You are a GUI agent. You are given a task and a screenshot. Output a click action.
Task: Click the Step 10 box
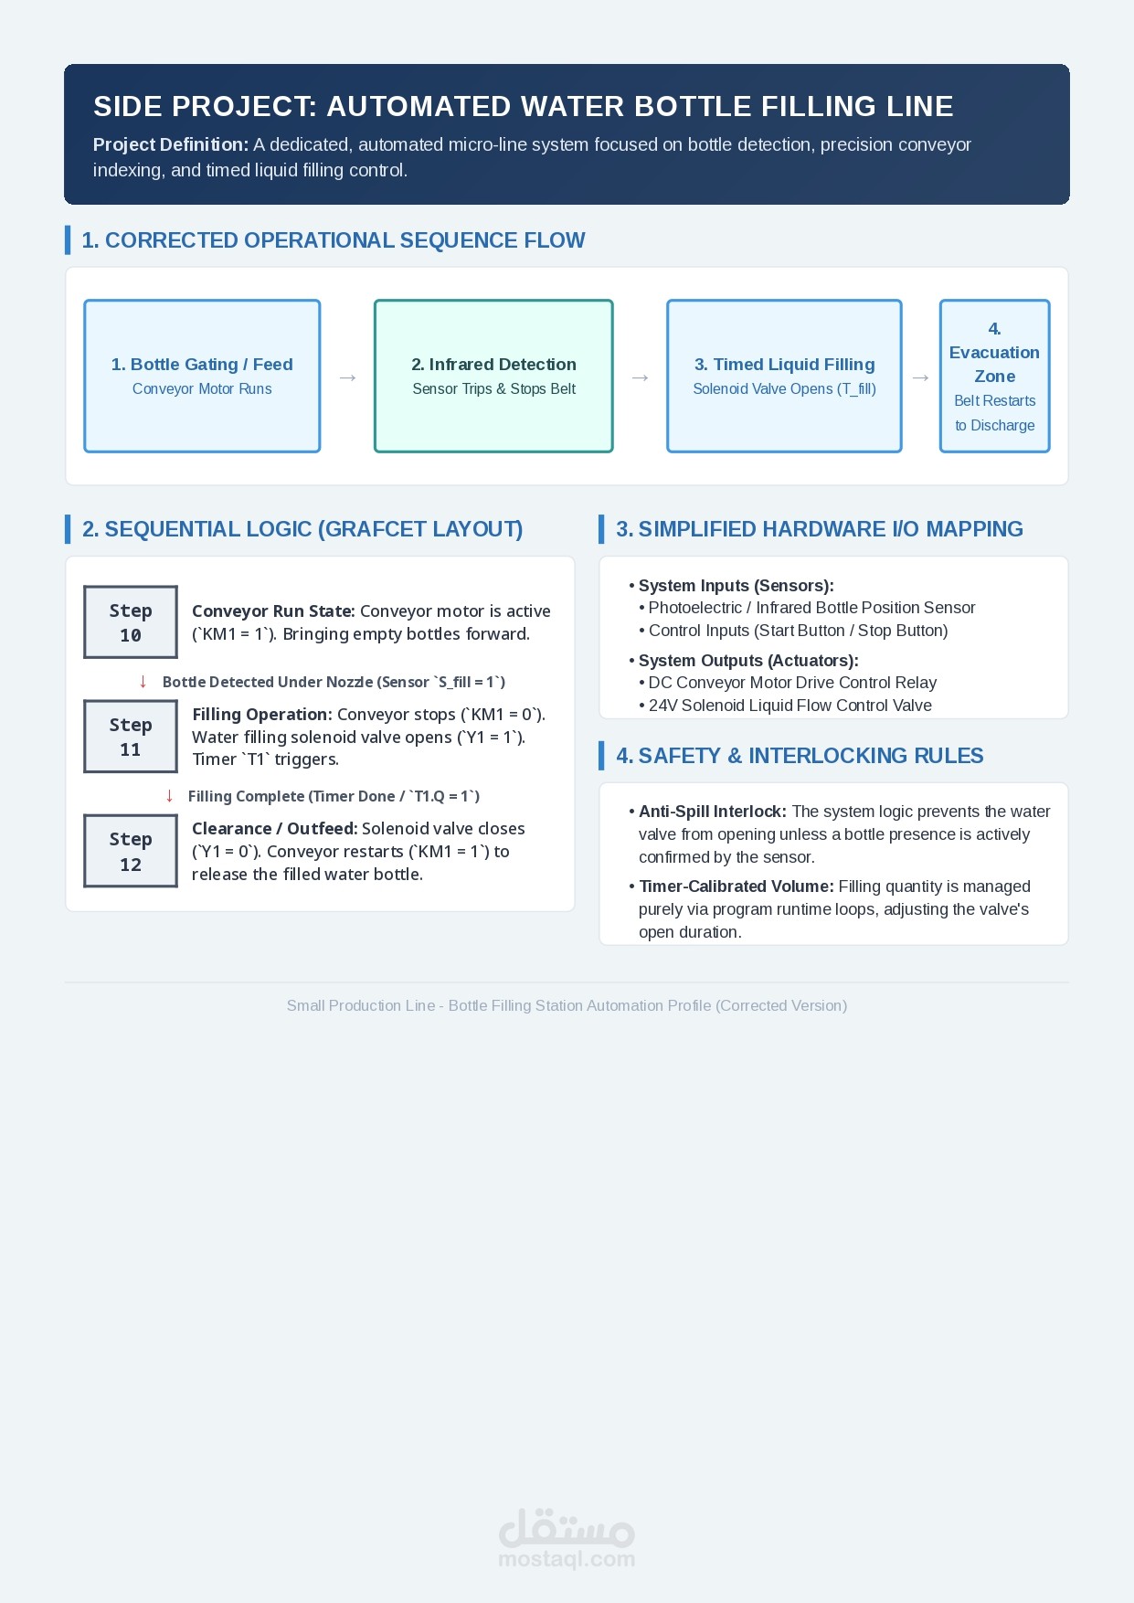point(131,621)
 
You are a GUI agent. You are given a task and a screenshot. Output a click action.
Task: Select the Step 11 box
point(131,737)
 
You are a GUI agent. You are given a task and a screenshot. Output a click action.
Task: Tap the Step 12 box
point(131,851)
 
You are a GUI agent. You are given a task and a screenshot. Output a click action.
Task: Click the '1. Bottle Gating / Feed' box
point(202,376)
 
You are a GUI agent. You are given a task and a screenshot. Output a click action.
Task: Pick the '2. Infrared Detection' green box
point(493,376)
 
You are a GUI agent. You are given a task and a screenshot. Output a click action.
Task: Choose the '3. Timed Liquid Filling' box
point(784,376)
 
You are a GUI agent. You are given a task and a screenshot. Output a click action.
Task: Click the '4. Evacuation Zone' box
point(995,376)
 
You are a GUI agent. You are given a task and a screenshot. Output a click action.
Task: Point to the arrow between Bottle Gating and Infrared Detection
point(348,377)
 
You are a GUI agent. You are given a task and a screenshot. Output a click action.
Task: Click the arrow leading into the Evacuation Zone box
point(921,377)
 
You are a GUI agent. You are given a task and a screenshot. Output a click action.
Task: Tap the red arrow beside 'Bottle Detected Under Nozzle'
point(143,682)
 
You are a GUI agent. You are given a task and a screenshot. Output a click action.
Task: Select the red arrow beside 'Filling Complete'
point(169,796)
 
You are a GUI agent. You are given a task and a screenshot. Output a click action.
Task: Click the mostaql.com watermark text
point(567,1559)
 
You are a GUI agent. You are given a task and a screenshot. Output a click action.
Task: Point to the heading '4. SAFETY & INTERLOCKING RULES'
point(800,756)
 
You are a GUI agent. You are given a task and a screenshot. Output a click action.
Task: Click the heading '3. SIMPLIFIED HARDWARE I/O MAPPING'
point(820,529)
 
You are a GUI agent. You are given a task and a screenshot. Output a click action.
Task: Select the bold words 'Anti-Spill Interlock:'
point(713,812)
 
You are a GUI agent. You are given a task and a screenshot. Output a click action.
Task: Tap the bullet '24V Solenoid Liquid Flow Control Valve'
point(786,706)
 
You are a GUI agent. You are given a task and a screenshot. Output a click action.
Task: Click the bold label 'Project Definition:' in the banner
point(171,144)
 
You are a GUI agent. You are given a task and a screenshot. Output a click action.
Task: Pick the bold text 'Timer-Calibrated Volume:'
point(737,886)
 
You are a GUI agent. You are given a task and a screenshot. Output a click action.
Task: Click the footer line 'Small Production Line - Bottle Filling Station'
point(567,1005)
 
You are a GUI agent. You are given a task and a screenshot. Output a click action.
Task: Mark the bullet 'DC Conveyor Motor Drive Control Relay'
point(788,683)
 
